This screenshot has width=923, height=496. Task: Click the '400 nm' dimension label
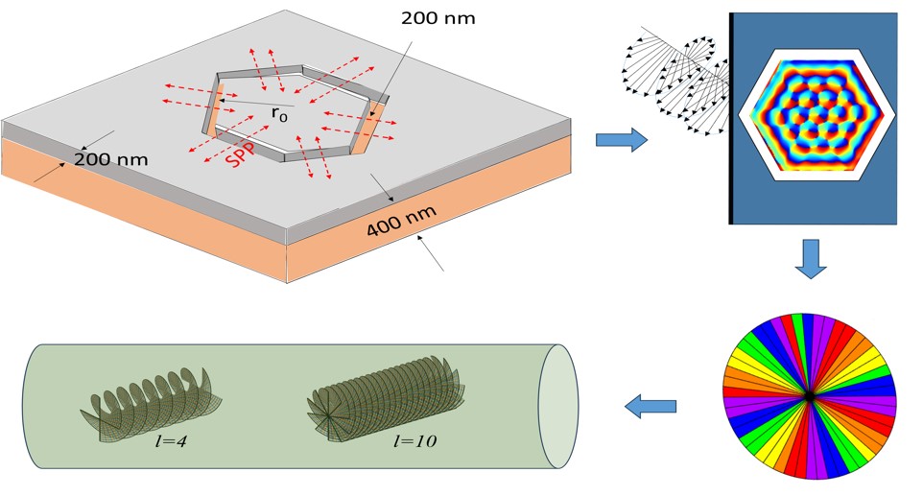pos(401,222)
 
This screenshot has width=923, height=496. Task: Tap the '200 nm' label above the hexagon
pos(438,18)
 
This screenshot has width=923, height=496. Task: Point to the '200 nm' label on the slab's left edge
pos(110,159)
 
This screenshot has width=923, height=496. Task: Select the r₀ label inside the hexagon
pos(279,113)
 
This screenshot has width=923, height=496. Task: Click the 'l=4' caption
pos(171,441)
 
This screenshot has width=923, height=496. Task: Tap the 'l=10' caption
pos(415,441)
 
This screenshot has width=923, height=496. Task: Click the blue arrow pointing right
pos(622,140)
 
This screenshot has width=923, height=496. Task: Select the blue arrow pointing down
pos(811,259)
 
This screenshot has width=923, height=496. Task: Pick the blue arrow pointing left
pos(650,406)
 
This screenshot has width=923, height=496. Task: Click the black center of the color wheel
pos(810,397)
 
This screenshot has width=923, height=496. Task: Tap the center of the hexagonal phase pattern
pos(817,115)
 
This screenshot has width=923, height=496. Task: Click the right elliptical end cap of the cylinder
pos(558,406)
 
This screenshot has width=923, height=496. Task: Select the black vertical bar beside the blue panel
pos(731,118)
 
